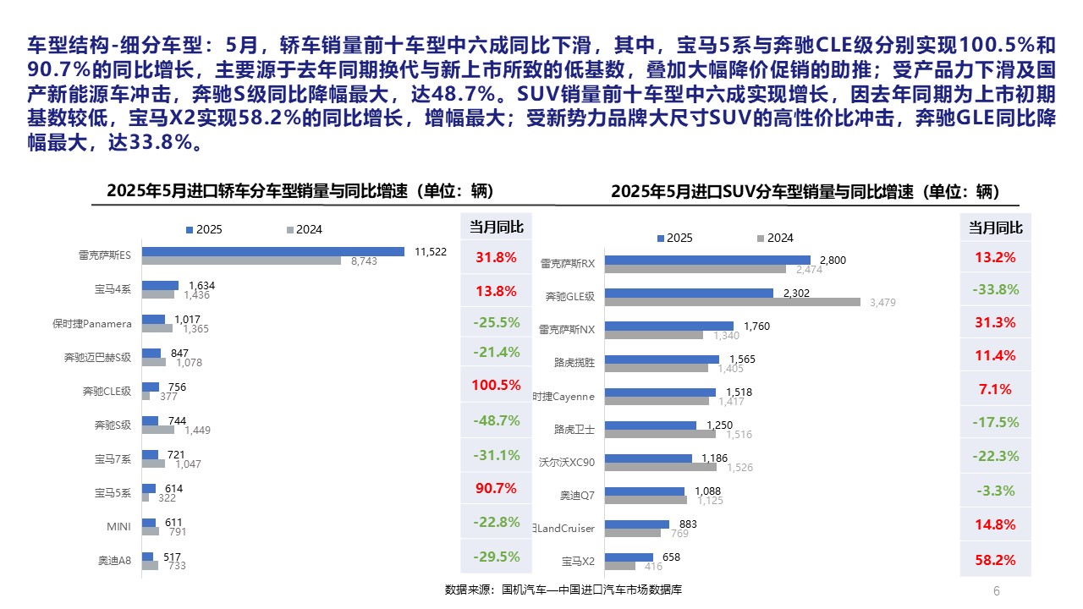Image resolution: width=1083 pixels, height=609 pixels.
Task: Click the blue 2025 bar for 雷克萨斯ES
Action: (x=273, y=251)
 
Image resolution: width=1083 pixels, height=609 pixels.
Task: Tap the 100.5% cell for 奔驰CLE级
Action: (x=496, y=385)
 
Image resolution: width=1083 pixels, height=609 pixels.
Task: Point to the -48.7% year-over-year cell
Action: (x=496, y=420)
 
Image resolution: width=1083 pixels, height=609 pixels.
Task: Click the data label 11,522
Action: (x=430, y=251)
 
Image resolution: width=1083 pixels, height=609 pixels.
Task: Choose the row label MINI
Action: (x=118, y=527)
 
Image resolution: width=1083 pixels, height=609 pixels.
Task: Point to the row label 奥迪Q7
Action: (x=577, y=496)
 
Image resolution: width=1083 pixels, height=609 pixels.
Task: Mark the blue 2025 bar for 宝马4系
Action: (x=160, y=285)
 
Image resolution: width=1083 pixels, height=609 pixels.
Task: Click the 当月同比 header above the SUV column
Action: (x=995, y=228)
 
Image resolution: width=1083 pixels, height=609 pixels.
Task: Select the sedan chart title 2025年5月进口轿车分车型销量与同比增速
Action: (x=300, y=191)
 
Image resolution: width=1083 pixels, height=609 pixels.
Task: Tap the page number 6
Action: (x=996, y=590)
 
